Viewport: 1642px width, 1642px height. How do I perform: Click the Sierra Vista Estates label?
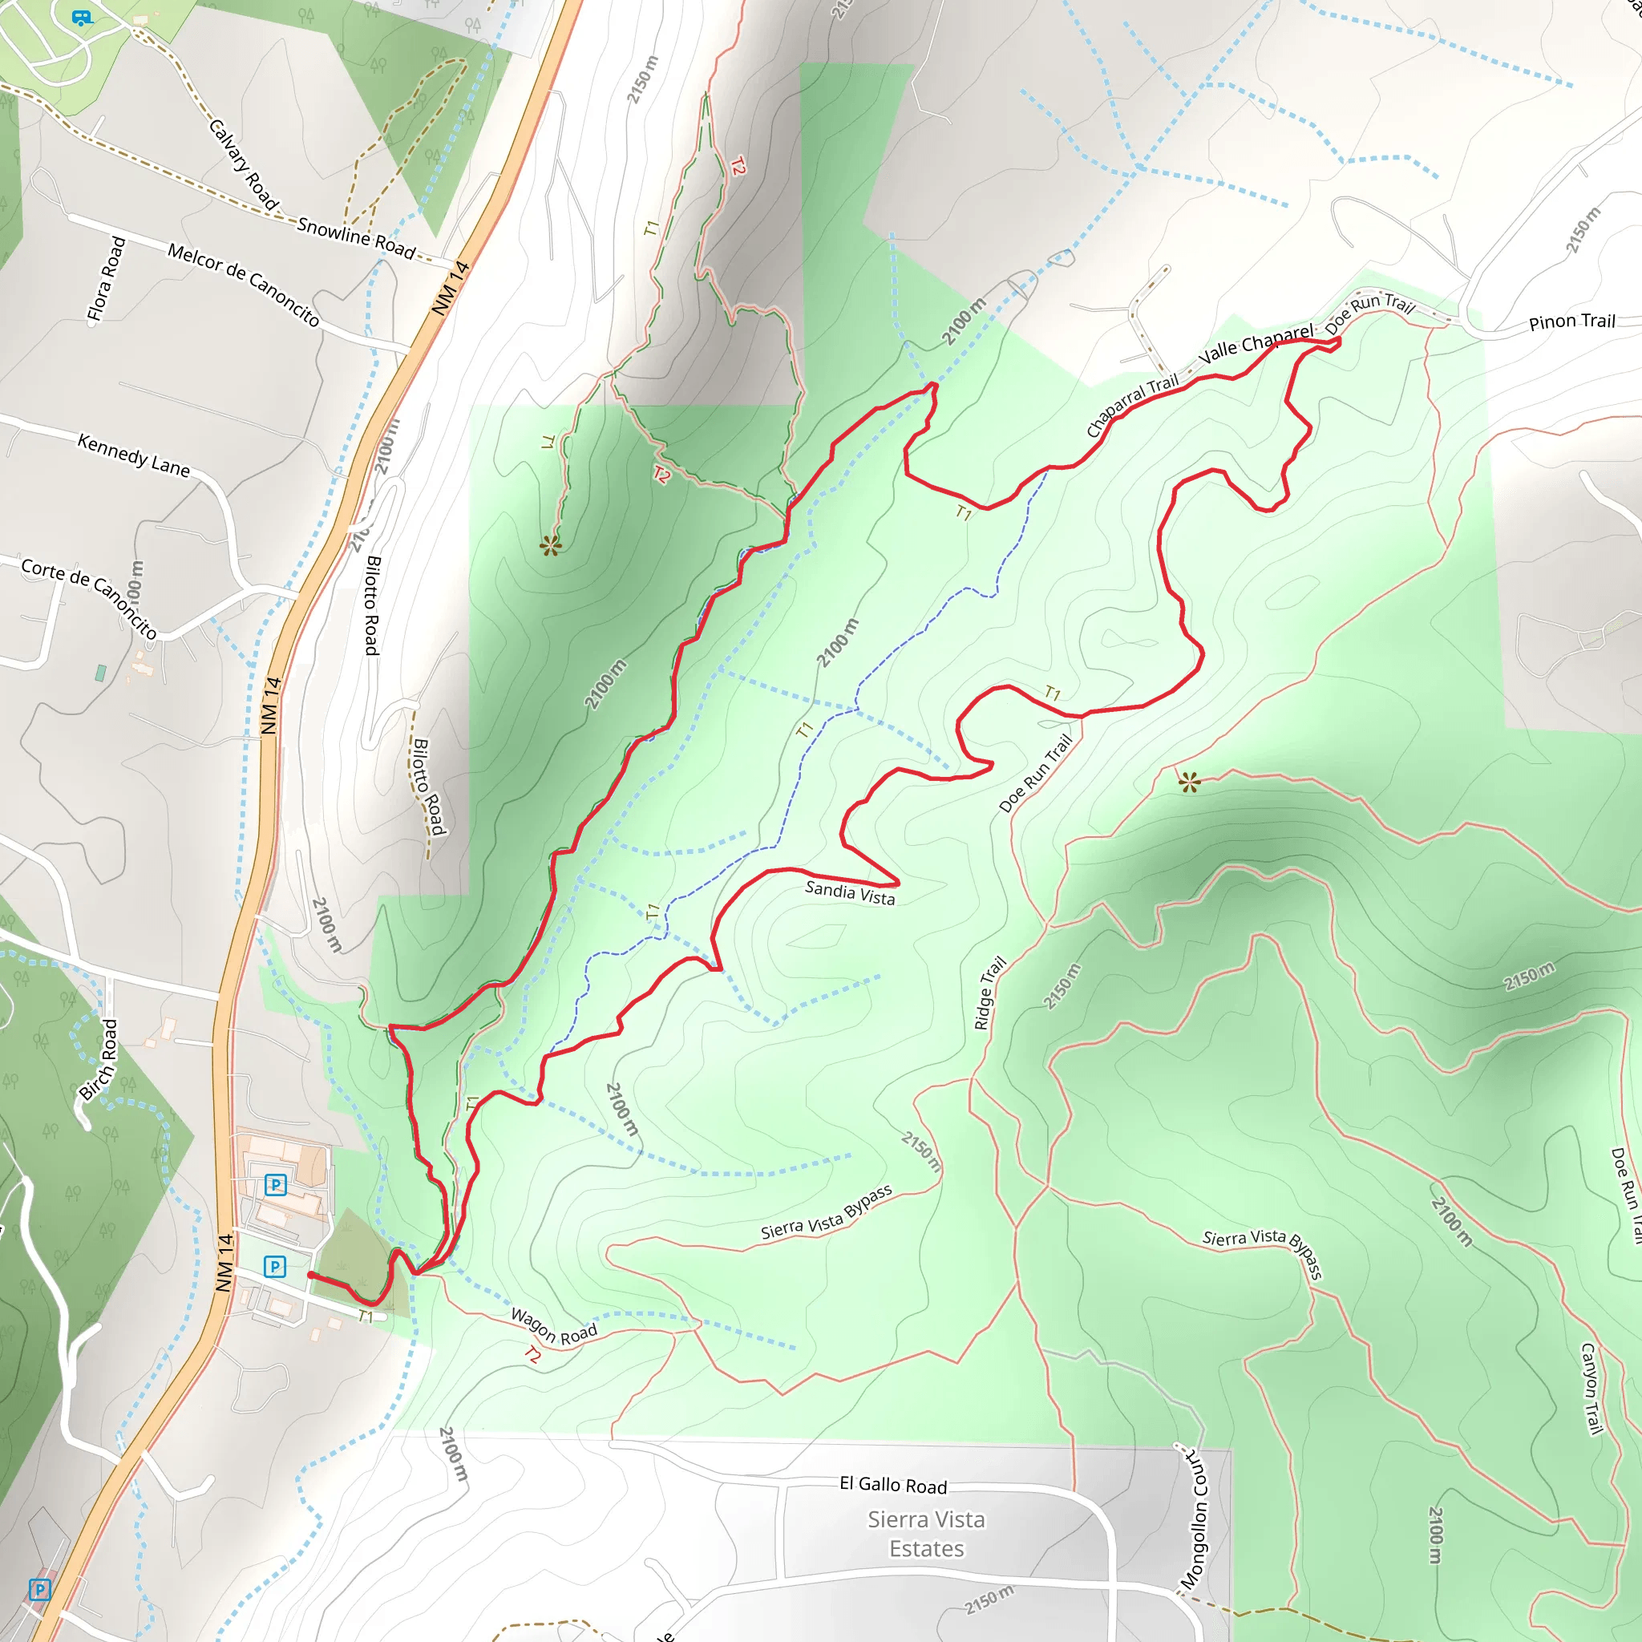click(x=926, y=1534)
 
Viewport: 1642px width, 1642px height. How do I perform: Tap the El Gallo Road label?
click(x=892, y=1485)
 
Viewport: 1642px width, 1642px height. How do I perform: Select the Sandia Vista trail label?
click(x=849, y=893)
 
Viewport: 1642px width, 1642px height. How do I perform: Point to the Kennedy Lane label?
click(x=133, y=455)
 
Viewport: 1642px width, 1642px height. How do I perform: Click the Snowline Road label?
click(x=356, y=237)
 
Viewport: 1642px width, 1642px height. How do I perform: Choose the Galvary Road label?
click(x=244, y=165)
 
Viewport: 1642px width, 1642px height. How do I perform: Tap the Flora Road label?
click(x=107, y=280)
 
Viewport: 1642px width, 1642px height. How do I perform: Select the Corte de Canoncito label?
click(x=89, y=597)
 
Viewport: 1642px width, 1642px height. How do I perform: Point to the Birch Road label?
click(x=98, y=1059)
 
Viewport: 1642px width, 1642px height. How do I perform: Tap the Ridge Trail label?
click(x=989, y=993)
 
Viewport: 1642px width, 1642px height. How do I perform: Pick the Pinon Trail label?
click(x=1571, y=322)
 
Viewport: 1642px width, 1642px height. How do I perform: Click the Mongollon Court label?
click(x=1195, y=1518)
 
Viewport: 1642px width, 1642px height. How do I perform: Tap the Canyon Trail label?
click(x=1591, y=1389)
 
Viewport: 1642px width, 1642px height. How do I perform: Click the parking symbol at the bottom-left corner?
click(x=40, y=1589)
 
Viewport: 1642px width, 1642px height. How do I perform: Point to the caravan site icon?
click(x=82, y=17)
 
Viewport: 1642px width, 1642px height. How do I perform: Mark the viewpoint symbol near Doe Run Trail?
click(x=1189, y=782)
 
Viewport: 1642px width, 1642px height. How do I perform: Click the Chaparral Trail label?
click(x=1132, y=406)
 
